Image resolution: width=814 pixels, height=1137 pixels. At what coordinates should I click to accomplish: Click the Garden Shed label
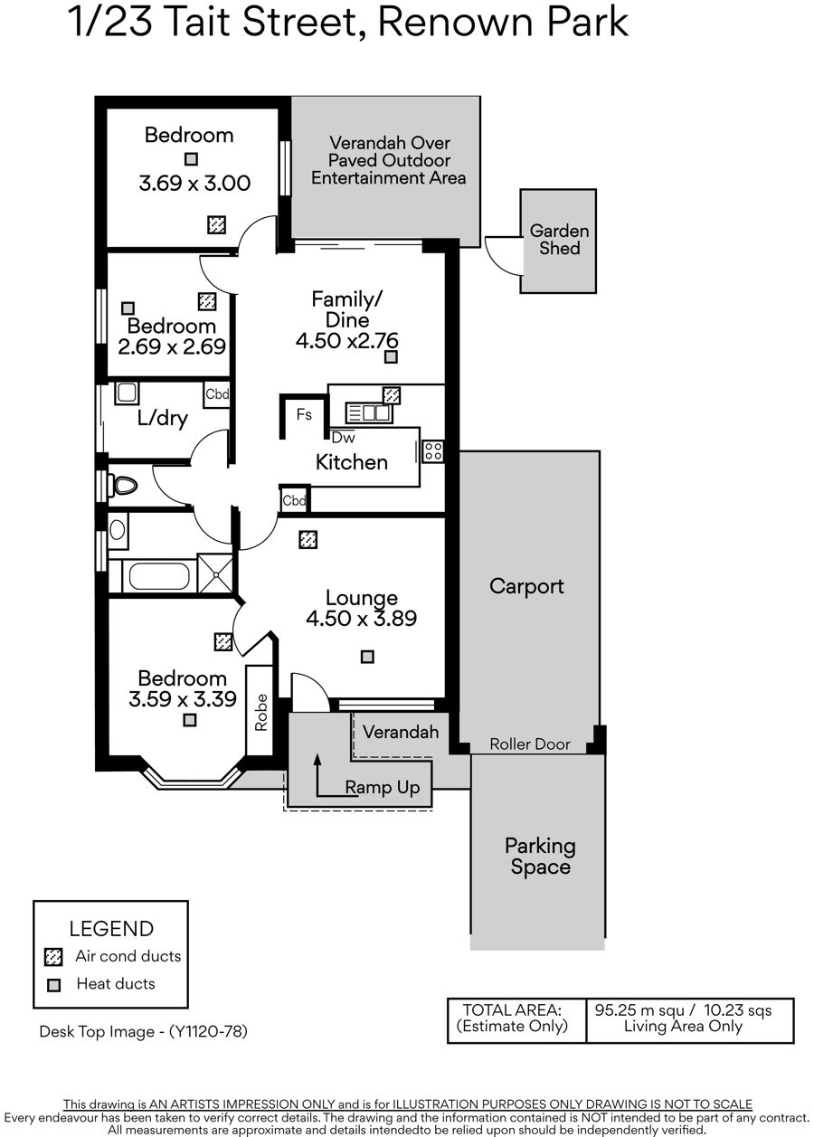pyautogui.click(x=559, y=240)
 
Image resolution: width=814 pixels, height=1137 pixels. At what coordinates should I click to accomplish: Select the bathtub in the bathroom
pyautogui.click(x=159, y=576)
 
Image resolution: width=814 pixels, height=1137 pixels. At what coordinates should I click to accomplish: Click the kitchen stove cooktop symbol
pyautogui.click(x=433, y=451)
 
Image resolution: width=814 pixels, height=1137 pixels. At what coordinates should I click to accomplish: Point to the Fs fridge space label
pyautogui.click(x=304, y=414)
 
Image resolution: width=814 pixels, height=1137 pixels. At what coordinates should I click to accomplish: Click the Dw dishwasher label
pyautogui.click(x=344, y=438)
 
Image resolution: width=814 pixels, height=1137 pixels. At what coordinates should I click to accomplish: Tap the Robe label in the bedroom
pyautogui.click(x=260, y=713)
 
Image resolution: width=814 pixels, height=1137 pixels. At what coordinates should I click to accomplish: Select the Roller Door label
pyautogui.click(x=530, y=744)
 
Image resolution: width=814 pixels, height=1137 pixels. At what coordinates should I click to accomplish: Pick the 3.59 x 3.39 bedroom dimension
pyautogui.click(x=183, y=699)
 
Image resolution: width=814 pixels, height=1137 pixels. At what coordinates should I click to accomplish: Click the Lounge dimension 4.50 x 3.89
pyautogui.click(x=362, y=618)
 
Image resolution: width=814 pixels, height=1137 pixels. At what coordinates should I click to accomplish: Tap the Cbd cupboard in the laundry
pyautogui.click(x=217, y=394)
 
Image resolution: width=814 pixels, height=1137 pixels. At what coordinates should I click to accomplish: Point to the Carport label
pyautogui.click(x=526, y=587)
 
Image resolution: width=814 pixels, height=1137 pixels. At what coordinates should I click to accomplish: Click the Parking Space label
pyautogui.click(x=541, y=856)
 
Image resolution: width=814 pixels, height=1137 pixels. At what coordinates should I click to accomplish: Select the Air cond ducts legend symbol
pyautogui.click(x=53, y=957)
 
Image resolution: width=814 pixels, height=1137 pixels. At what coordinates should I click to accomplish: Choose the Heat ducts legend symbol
pyautogui.click(x=53, y=985)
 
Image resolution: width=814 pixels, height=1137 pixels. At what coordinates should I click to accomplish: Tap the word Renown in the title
pyautogui.click(x=450, y=22)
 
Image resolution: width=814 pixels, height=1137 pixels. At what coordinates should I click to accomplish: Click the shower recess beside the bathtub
pyautogui.click(x=214, y=573)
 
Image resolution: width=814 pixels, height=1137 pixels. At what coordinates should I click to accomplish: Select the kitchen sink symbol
pyautogui.click(x=369, y=412)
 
